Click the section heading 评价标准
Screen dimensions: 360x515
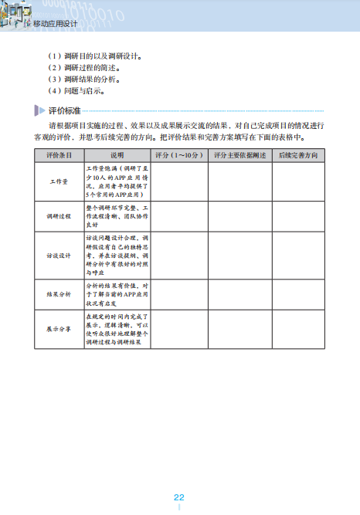(65, 110)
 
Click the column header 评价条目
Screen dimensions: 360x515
(59, 155)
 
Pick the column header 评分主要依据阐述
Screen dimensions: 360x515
(239, 155)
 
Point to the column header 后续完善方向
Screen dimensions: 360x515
(297, 155)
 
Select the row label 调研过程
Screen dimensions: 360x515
(59, 216)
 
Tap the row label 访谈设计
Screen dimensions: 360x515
(59, 255)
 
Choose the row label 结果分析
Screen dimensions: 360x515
(59, 294)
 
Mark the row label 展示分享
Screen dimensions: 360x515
(59, 330)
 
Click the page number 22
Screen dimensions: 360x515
(178, 497)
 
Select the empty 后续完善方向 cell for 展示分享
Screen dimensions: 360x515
(297, 330)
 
